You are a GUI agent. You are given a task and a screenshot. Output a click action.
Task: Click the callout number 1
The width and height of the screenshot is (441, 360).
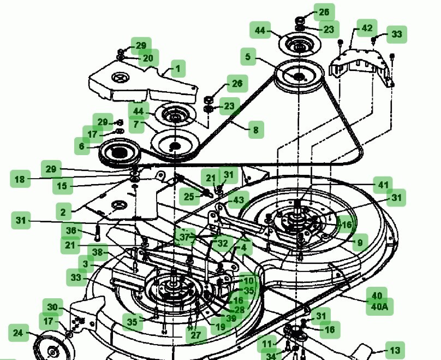click(177, 69)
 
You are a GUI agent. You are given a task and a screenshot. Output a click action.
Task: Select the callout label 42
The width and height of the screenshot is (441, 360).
click(367, 28)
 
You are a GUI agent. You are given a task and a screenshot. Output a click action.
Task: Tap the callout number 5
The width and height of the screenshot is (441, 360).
click(248, 56)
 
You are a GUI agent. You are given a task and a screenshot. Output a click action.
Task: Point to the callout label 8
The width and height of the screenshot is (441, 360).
click(255, 130)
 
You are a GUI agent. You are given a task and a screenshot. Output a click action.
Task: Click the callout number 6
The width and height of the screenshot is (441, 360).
click(82, 146)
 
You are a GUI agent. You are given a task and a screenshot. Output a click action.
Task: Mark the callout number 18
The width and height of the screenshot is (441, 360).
click(20, 179)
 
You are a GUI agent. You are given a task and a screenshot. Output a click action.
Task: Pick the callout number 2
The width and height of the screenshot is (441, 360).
click(63, 212)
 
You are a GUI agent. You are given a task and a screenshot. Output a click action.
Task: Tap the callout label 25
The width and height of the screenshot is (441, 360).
click(189, 196)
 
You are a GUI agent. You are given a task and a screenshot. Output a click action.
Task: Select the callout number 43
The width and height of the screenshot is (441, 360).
click(238, 200)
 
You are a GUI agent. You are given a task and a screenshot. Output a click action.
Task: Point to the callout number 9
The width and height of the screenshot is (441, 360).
click(360, 241)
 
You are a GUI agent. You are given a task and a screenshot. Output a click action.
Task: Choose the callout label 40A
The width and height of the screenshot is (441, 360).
click(379, 307)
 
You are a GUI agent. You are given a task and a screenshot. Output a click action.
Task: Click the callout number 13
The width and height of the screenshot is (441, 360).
click(394, 350)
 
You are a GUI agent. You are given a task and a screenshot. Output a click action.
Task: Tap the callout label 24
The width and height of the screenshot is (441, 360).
click(18, 333)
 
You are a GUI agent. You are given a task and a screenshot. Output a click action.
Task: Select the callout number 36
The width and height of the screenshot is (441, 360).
click(71, 231)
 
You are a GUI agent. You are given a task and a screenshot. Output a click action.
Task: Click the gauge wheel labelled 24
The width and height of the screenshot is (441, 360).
click(53, 347)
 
